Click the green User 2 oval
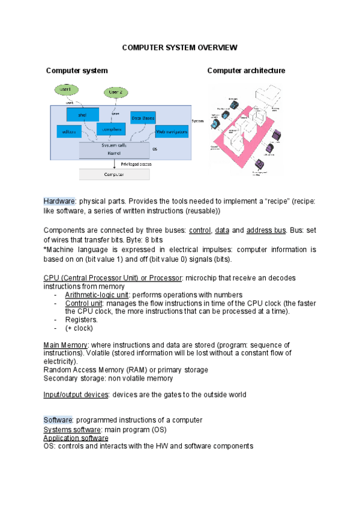(x=116, y=92)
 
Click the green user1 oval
(x=65, y=89)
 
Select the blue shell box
(x=82, y=115)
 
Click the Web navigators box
(x=172, y=131)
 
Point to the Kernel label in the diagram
(x=114, y=154)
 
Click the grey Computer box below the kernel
(x=114, y=174)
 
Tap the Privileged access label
(x=136, y=164)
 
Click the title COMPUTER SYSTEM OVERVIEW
(x=180, y=47)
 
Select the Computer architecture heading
(x=246, y=71)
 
